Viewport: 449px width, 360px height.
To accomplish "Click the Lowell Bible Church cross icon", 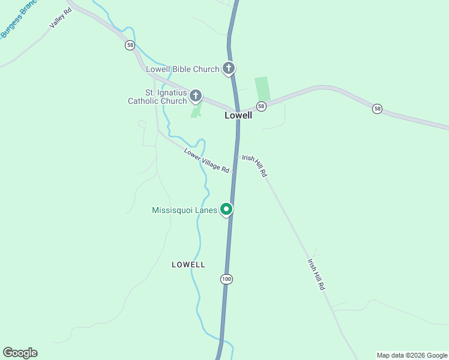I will [229, 68].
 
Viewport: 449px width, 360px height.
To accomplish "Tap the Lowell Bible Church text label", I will [184, 69].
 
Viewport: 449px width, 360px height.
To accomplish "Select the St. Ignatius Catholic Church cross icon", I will [196, 95].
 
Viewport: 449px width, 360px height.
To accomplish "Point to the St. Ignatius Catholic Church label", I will [158, 97].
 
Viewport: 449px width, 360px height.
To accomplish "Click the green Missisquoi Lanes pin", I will [226, 209].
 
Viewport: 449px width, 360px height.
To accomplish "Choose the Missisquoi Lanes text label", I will [184, 210].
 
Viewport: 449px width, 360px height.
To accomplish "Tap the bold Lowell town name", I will [238, 115].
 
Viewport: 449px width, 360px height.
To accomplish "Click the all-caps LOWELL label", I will [188, 265].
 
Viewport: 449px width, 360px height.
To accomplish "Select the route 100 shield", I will [226, 279].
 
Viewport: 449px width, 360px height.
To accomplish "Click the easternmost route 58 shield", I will [376, 109].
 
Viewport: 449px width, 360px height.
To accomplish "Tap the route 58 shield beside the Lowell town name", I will [261, 106].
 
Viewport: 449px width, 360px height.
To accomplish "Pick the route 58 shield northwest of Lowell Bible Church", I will [130, 46].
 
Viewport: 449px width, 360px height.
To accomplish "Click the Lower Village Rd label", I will [207, 160].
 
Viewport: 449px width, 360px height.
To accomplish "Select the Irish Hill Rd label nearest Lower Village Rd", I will [255, 165].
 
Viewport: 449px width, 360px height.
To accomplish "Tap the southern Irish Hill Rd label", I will [316, 275].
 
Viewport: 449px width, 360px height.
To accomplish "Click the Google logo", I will [20, 353].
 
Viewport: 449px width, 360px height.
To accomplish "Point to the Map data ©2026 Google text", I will [412, 355].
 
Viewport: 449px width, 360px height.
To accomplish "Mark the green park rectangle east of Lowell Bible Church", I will [262, 89].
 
